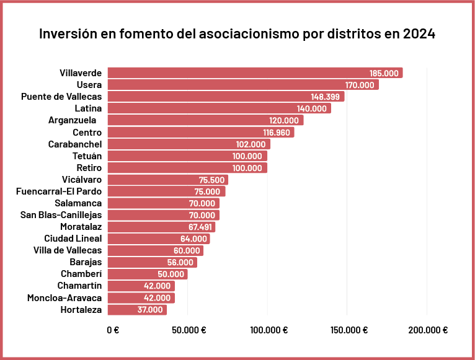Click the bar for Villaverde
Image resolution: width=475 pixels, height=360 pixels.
[x=254, y=73]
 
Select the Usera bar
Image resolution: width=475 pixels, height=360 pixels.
[x=242, y=85]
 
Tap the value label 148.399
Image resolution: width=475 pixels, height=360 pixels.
[x=326, y=97]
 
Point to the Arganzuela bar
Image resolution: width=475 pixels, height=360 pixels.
[x=205, y=120]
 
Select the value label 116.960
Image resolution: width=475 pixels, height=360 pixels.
[x=276, y=133]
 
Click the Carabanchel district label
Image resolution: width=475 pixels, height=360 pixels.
[x=75, y=144]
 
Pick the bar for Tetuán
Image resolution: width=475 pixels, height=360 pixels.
[x=187, y=156]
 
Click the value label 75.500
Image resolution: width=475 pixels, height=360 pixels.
[x=211, y=180]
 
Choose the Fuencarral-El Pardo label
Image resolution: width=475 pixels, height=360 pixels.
[x=59, y=191]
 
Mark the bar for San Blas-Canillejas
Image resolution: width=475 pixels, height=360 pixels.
[x=162, y=215]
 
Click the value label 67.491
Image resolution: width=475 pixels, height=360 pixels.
[x=200, y=227]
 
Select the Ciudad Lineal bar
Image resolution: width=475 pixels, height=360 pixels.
[x=158, y=239]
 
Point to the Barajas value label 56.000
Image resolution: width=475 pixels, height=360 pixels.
[x=180, y=262]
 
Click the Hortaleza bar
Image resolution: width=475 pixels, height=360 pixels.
[x=137, y=310]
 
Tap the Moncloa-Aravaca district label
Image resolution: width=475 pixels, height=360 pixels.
[x=64, y=298]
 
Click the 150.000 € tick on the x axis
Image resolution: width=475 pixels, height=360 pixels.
[x=348, y=330]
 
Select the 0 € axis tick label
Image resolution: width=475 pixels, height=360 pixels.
[x=113, y=330]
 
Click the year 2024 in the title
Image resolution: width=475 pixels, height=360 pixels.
[x=419, y=33]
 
